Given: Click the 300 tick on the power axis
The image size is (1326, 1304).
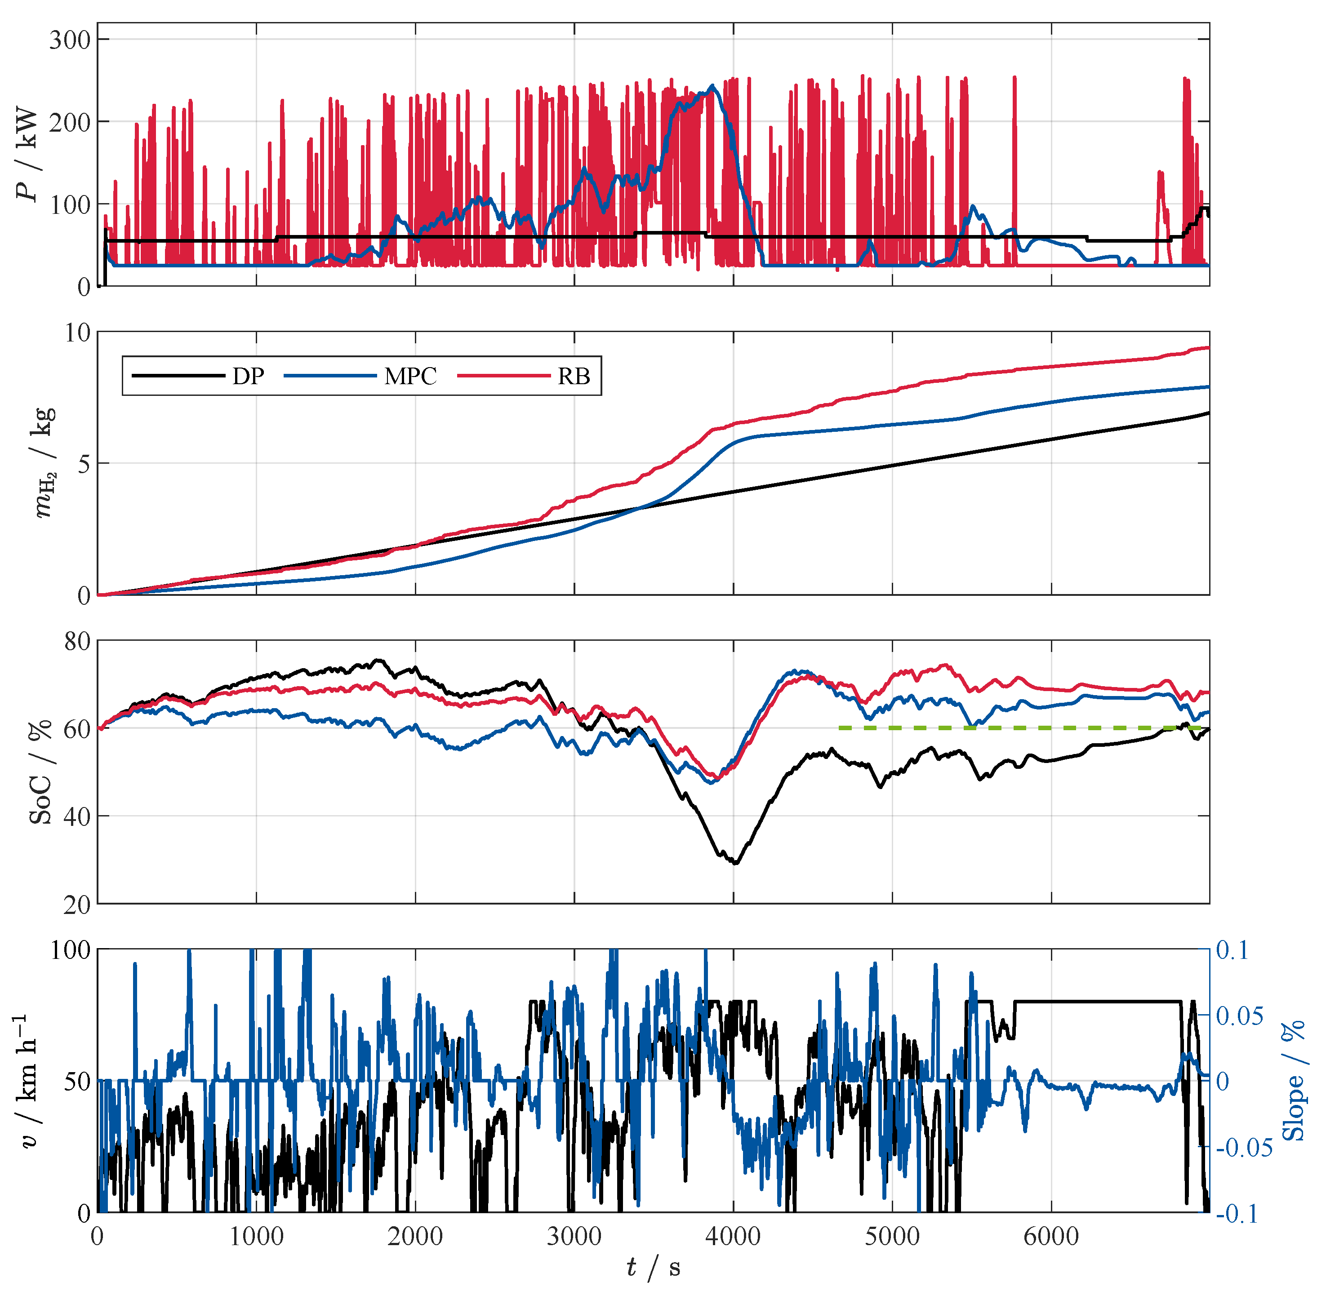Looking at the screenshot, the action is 70,40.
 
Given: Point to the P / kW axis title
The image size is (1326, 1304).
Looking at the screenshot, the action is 28,154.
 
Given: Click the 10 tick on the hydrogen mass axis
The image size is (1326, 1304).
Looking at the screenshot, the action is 77,333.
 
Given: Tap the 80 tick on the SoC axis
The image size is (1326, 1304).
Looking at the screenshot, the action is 77,641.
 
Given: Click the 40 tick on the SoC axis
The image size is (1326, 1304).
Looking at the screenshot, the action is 77,816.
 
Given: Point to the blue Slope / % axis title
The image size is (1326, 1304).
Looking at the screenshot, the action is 1292,1080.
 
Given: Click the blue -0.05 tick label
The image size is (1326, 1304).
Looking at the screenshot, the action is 1244,1147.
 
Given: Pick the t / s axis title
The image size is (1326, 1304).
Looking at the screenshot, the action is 653,1268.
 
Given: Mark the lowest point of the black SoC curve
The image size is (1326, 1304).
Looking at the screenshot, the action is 736,864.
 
